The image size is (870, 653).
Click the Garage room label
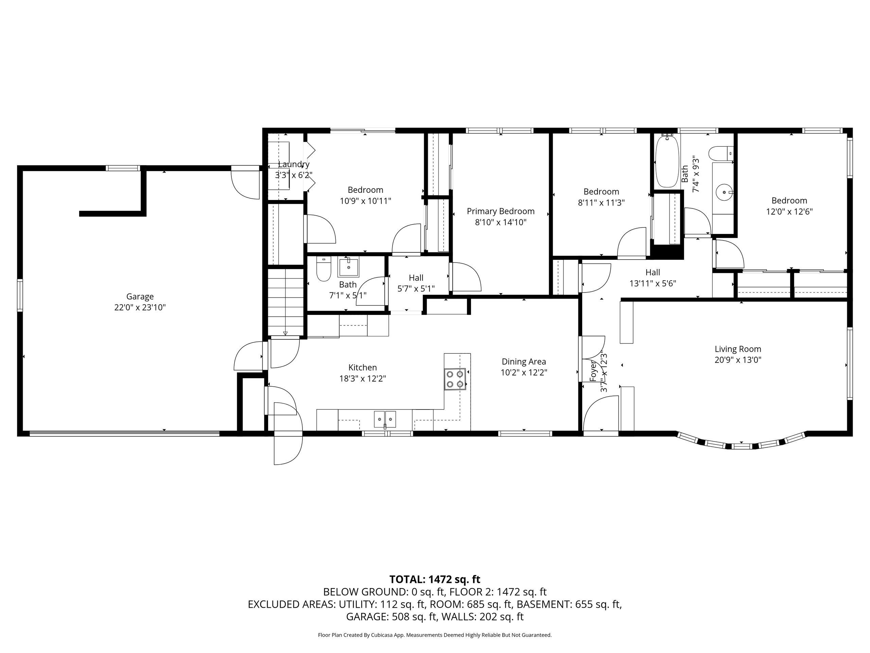click(x=140, y=296)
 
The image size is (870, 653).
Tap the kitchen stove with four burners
click(x=455, y=379)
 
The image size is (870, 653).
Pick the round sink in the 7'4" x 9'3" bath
click(x=724, y=192)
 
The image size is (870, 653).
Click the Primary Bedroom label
click(x=500, y=211)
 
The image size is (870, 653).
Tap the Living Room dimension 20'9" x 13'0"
click(x=738, y=360)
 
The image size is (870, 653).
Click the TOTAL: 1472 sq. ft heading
click(x=435, y=580)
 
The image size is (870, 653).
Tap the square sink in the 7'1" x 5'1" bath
click(x=348, y=267)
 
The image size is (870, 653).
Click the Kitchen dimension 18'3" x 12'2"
click(x=363, y=379)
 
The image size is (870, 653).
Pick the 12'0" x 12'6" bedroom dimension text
click(x=789, y=211)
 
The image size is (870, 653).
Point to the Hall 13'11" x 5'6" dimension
click(x=652, y=283)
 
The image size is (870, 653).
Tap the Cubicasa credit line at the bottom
click(x=435, y=635)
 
